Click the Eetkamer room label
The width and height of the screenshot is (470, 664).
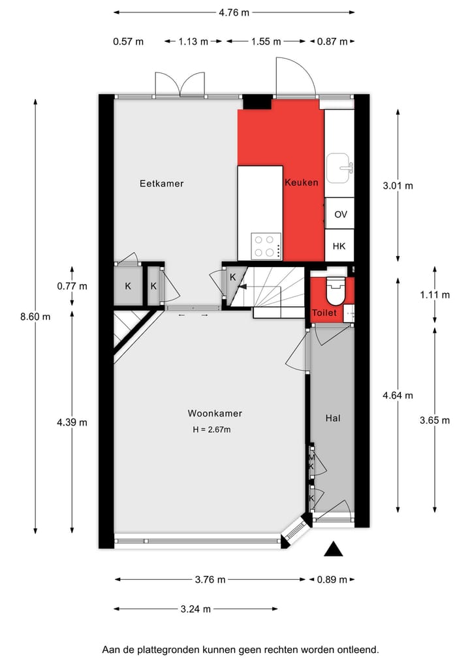[162, 183]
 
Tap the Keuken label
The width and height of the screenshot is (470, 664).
[302, 183]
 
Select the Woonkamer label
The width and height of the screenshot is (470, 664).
[215, 413]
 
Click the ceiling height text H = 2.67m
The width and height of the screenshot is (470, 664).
[211, 429]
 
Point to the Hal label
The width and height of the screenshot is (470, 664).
[333, 418]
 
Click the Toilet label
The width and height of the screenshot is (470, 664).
[324, 313]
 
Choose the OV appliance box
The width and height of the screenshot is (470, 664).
[340, 214]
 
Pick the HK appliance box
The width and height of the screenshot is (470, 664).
[339, 246]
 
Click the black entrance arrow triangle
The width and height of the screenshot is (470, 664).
[334, 550]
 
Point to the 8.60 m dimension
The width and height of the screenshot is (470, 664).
[35, 316]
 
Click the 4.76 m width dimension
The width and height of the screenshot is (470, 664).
[234, 12]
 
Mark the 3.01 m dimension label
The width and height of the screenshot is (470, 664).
[398, 185]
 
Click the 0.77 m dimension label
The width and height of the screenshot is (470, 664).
[72, 286]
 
